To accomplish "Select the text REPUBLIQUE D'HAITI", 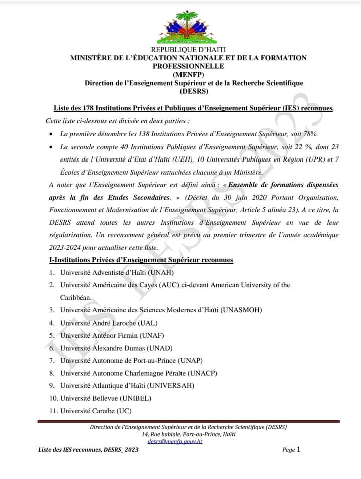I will pos(189,49).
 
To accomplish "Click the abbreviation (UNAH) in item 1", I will pos(159,272).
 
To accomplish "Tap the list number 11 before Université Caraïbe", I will pos(53,411).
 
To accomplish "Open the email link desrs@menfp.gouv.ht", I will pos(175,442).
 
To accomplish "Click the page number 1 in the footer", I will pos(298,449).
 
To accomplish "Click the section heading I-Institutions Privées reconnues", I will pos(141,260).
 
